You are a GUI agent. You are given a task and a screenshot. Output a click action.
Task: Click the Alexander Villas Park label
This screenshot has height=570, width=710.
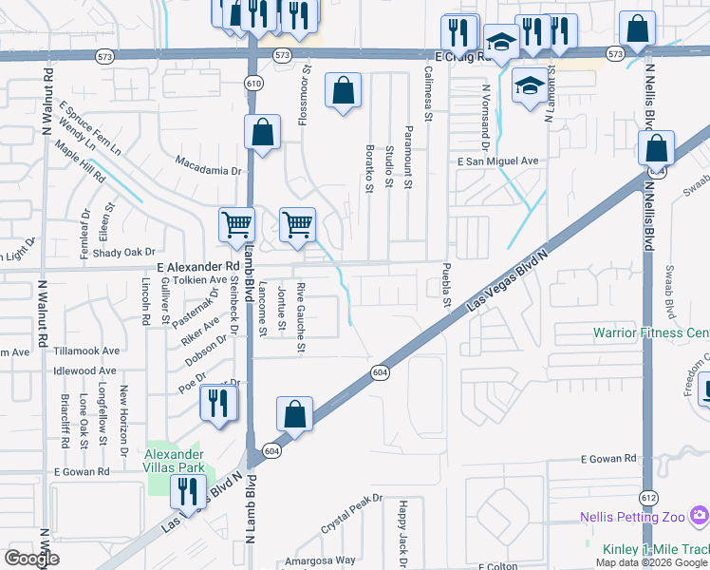point(175,461)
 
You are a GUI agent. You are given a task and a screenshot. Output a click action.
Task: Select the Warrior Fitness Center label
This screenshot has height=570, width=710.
point(651,332)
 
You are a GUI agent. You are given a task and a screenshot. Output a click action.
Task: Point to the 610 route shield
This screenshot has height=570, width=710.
point(252,84)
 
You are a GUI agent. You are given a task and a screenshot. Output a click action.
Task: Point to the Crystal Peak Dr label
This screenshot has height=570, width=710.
point(351,511)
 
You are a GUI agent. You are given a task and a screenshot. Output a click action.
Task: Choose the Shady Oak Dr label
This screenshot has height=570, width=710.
point(123,252)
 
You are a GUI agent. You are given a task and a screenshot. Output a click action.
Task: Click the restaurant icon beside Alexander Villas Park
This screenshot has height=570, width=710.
point(186,492)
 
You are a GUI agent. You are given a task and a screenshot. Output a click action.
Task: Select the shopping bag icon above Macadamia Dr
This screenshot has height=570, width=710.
point(262,133)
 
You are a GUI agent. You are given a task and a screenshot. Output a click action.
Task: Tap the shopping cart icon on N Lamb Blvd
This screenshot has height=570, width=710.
point(236,225)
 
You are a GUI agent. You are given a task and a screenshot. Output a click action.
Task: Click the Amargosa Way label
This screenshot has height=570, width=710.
point(321,560)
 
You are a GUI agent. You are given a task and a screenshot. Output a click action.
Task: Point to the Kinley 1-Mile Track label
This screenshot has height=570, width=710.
point(655,549)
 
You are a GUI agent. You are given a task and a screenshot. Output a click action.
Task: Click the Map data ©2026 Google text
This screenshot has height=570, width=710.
point(650,562)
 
